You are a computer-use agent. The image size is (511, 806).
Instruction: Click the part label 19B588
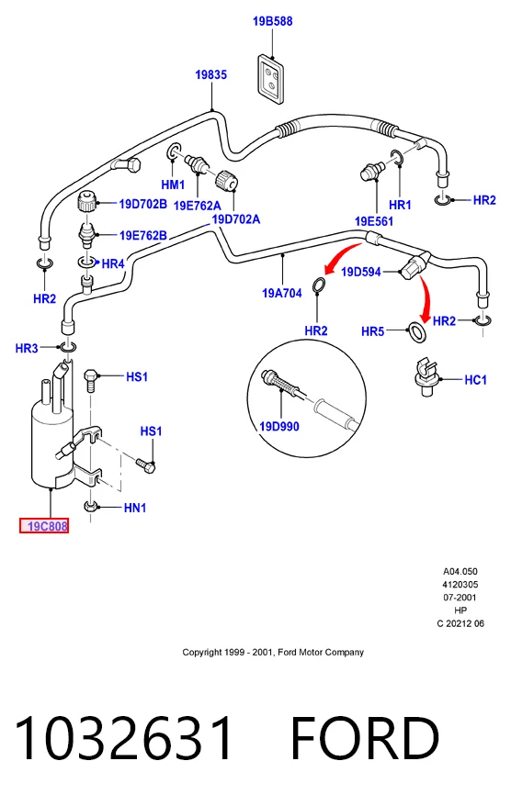click(272, 22)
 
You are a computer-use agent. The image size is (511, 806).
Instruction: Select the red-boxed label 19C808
click(44, 526)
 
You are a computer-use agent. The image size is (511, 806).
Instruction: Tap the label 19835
click(211, 75)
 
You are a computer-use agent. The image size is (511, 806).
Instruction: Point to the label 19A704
click(282, 294)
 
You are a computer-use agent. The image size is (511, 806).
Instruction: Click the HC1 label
click(475, 380)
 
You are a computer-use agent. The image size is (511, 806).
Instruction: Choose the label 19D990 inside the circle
click(278, 427)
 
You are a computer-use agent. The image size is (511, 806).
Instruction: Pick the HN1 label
click(135, 508)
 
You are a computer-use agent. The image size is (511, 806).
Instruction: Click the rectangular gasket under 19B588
click(271, 79)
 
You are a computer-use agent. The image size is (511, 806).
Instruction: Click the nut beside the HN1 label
click(91, 508)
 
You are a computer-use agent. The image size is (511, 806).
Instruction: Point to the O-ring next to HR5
click(417, 332)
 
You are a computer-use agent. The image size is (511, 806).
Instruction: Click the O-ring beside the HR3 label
click(68, 348)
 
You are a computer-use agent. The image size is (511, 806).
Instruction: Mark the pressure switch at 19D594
click(414, 264)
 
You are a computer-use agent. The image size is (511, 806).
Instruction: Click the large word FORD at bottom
click(365, 738)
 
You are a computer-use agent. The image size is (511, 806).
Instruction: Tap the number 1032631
click(124, 738)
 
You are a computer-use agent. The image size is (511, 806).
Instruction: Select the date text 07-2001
click(460, 598)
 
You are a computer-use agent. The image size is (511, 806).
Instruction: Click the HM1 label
click(173, 185)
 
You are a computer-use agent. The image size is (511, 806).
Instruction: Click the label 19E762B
click(143, 235)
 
